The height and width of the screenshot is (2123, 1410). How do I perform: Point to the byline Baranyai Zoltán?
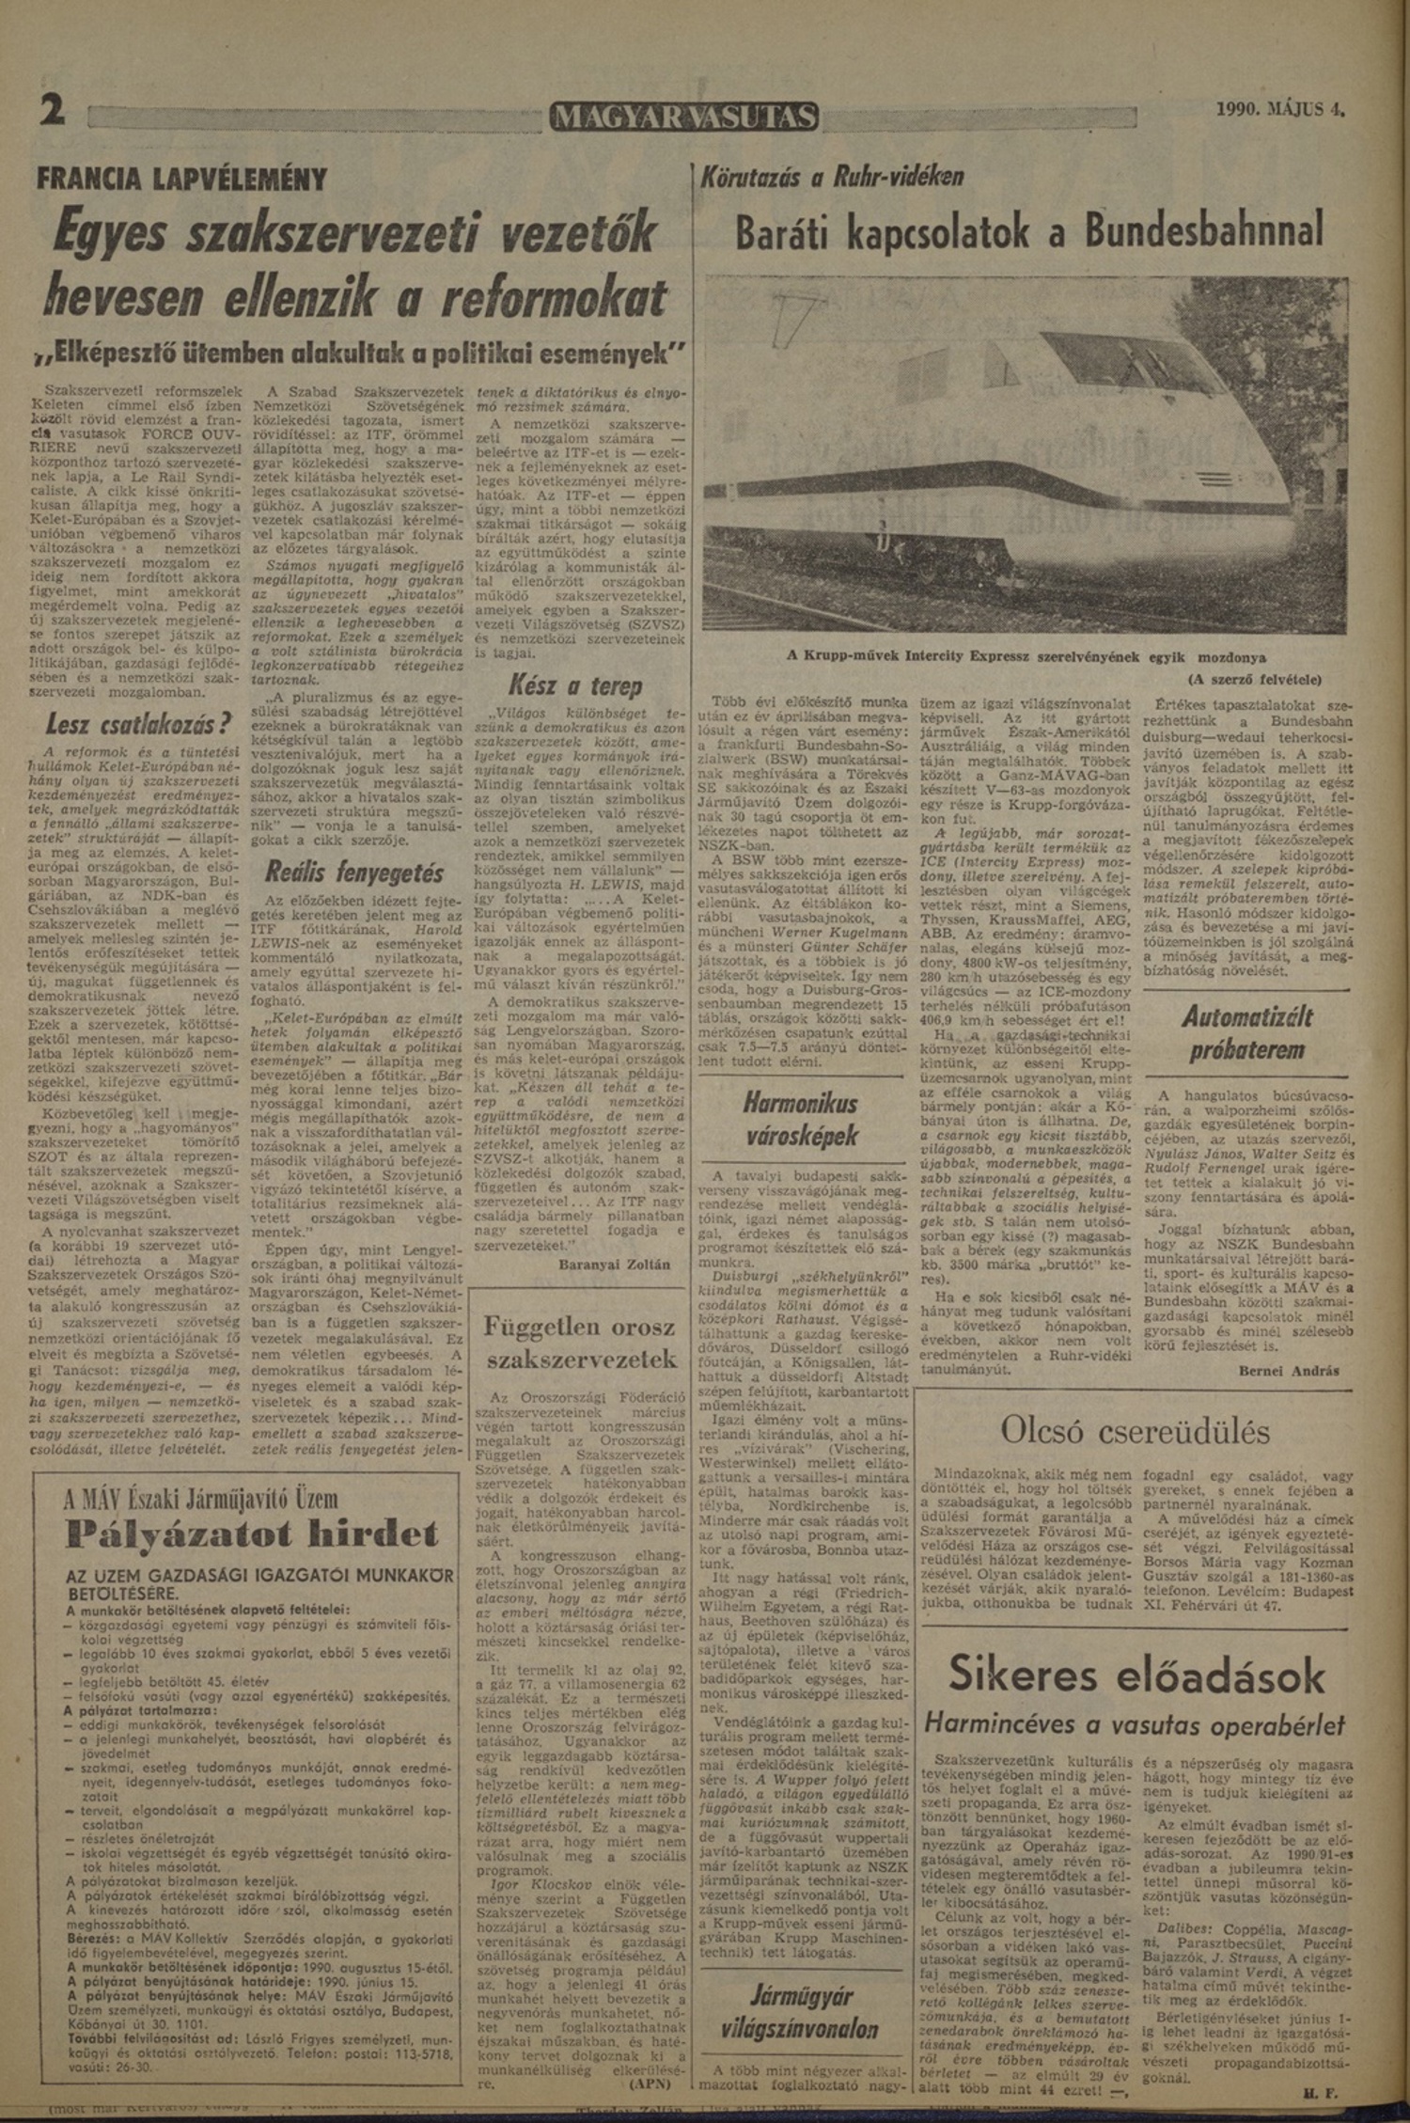tap(614, 1265)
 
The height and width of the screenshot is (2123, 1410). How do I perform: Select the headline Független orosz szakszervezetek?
tap(578, 1343)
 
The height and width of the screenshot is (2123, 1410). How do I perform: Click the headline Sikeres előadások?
tap(1136, 1673)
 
